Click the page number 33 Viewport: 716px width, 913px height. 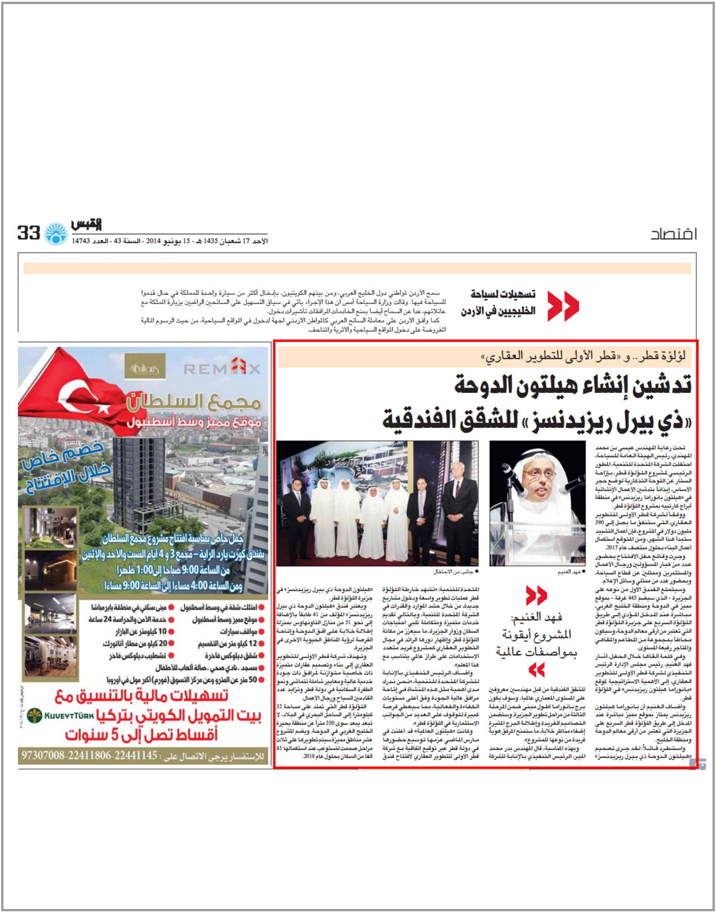pos(28,233)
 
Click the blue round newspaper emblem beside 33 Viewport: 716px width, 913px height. pos(56,233)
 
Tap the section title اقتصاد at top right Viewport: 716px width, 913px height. pos(673,234)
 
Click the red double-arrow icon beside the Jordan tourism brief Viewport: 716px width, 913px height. pos(562,306)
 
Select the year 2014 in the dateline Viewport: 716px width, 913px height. pos(152,241)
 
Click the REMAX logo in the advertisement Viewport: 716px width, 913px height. pos(222,367)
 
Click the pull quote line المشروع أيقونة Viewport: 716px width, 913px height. pos(536,634)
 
